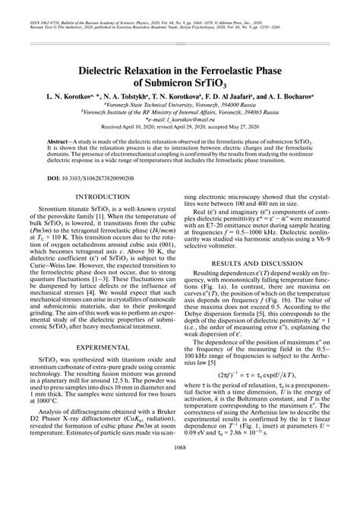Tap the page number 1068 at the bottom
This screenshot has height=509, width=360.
[180, 490]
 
